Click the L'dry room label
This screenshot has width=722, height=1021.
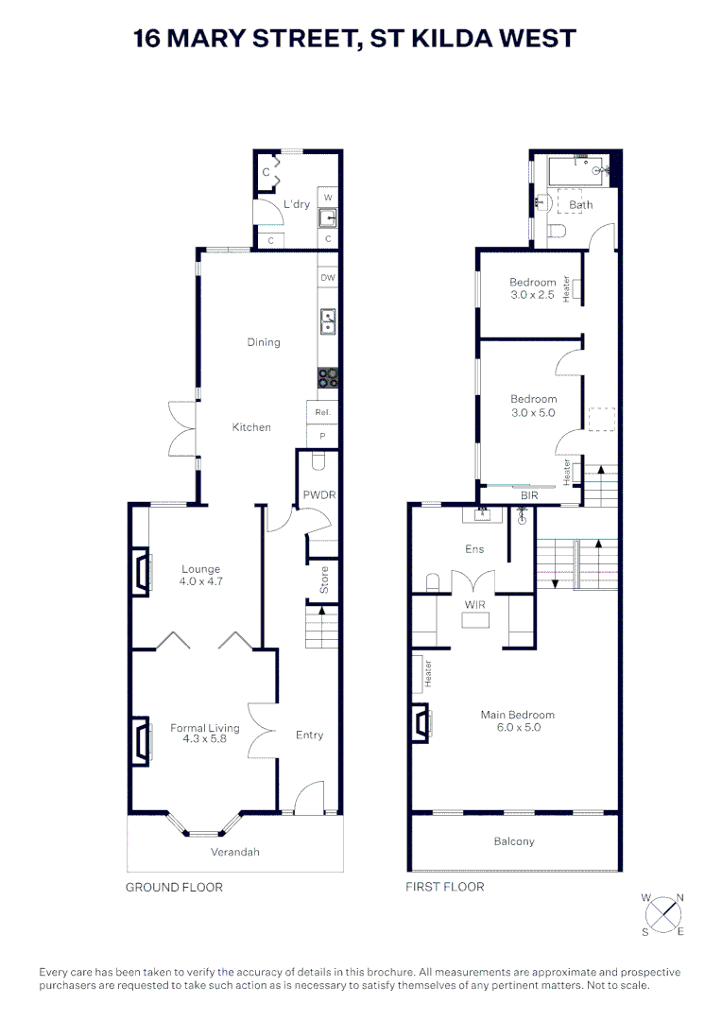coord(296,204)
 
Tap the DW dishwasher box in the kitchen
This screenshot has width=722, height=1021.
coord(328,277)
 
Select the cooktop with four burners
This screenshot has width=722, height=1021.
coord(328,377)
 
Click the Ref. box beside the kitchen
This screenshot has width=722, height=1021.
coord(322,412)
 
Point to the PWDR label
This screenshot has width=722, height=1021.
coord(319,494)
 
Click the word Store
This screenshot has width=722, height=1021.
coord(323,580)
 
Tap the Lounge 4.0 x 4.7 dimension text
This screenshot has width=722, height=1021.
coord(201,581)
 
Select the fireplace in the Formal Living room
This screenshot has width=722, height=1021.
coord(142,739)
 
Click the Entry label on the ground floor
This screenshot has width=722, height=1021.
coord(309,735)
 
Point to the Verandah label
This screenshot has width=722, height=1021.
coord(235,852)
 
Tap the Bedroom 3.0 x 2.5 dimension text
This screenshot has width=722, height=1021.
coord(533,295)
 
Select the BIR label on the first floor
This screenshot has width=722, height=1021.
coord(529,495)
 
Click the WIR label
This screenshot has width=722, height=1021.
coord(475,605)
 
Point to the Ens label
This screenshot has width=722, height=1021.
coord(474,549)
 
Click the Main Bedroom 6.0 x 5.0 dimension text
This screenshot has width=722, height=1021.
coord(519,727)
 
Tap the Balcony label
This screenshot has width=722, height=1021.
coord(514,841)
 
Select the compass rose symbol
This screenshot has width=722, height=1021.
coord(664,914)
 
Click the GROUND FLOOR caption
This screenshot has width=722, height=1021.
coord(174,887)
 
